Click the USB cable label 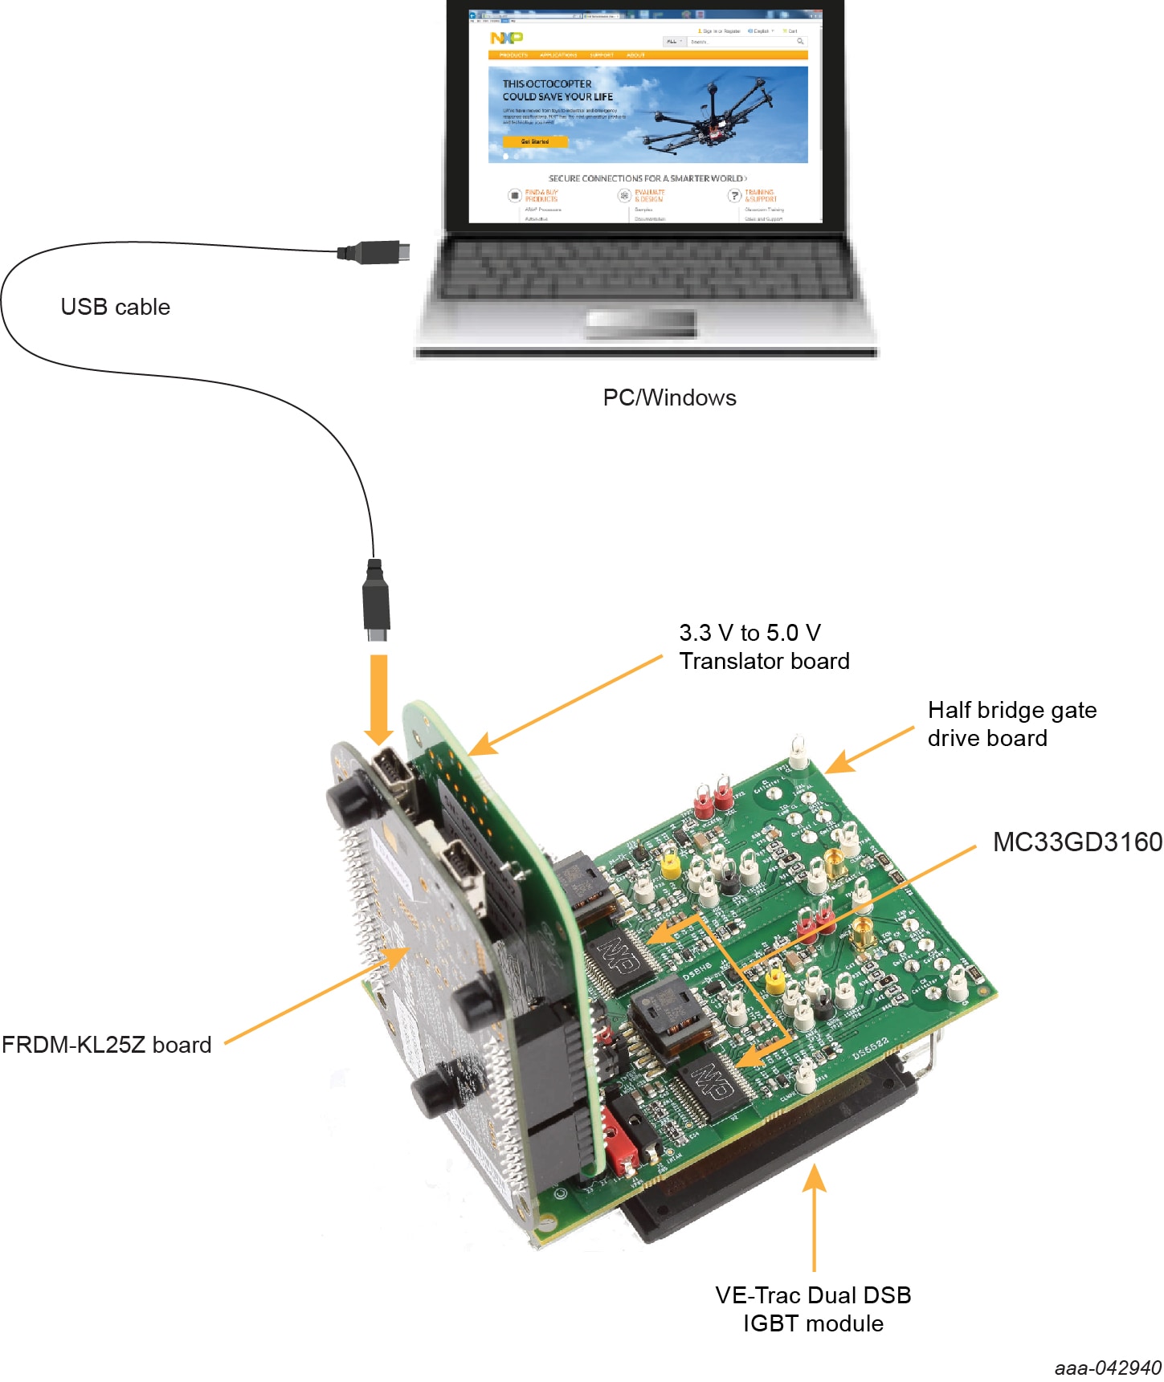(x=115, y=307)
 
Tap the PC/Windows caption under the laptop (x=669, y=397)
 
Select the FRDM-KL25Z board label (x=106, y=1045)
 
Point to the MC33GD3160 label (x=1076, y=842)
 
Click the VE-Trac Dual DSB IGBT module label (x=813, y=1309)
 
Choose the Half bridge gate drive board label (x=1011, y=724)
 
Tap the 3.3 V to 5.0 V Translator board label (x=763, y=646)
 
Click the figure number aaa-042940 (x=1107, y=1368)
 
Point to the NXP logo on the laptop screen (x=506, y=38)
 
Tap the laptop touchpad (x=640, y=323)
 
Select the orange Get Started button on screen (x=535, y=141)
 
